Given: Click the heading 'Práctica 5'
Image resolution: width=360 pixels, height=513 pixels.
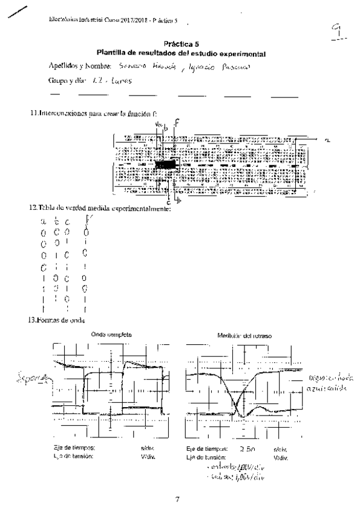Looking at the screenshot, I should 180,44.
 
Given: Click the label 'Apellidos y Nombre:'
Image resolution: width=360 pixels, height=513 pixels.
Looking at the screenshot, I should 77,65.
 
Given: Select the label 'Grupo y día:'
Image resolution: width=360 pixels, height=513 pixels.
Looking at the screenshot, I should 67,80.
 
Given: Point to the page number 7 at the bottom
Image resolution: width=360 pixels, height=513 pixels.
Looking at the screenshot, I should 177,499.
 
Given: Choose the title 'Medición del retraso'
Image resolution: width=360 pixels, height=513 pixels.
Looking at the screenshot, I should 242,335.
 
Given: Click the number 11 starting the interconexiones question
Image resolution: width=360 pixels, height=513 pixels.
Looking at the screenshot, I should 34,113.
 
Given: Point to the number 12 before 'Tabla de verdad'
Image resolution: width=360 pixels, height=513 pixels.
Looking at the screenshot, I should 34,209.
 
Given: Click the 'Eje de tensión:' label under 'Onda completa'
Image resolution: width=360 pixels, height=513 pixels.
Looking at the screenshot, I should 73,456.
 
